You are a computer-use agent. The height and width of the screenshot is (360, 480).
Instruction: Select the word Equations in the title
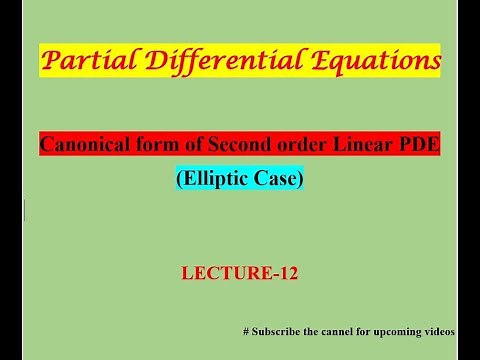[x=361, y=61]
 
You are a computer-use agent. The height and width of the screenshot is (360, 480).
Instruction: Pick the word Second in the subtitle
[x=223, y=145]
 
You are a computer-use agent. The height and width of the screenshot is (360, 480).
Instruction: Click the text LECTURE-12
[x=239, y=271]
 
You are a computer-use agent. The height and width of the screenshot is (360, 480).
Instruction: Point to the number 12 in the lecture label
[x=284, y=271]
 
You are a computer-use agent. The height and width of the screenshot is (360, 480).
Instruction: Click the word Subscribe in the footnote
[x=277, y=331]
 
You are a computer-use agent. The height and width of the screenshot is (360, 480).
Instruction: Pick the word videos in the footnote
[x=441, y=331]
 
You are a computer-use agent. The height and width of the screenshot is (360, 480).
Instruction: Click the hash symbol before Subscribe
[x=247, y=331]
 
